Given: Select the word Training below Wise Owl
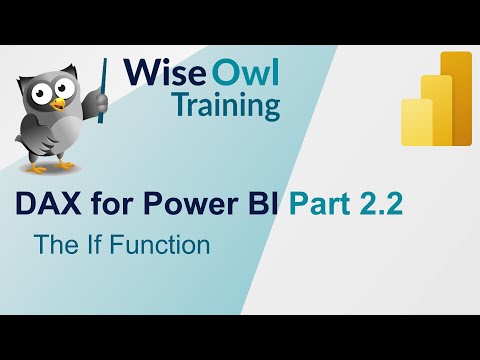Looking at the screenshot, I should tap(227, 104).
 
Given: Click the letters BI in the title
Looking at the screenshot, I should tap(259, 205).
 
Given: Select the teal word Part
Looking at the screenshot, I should tap(319, 205).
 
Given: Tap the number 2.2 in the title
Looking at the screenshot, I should tap(382, 205).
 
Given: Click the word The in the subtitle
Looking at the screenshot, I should tap(51, 243).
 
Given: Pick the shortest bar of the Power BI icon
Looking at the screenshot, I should tap(417, 121).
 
